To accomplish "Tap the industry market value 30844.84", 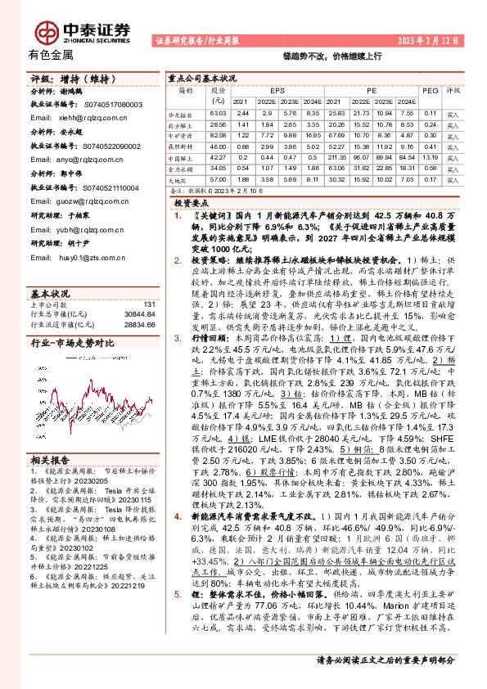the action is [137, 314].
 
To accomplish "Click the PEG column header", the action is [430, 90].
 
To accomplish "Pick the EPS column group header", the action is [277, 90].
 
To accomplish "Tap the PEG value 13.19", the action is [429, 156].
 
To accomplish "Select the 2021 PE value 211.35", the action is [338, 156].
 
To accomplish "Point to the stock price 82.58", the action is [217, 134].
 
